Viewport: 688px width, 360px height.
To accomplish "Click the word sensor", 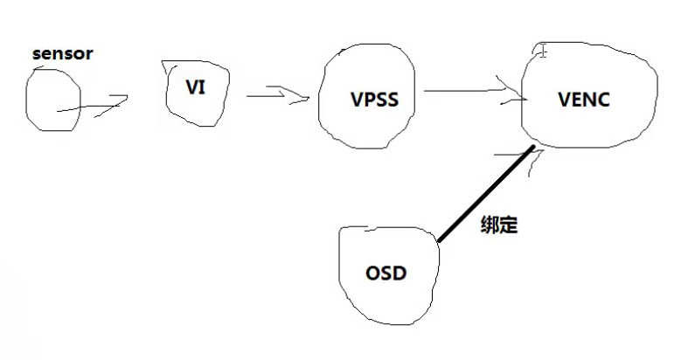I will (x=62, y=54).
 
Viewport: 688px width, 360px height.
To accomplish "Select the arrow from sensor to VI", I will (x=92, y=106).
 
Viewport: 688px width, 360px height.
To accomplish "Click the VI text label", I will (x=196, y=88).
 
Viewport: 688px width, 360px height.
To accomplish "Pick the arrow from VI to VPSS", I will (x=278, y=93).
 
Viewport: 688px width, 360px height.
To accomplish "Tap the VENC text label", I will (x=584, y=99).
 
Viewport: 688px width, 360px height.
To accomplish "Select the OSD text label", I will (x=386, y=273).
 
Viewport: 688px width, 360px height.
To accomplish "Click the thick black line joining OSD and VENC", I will (x=486, y=195).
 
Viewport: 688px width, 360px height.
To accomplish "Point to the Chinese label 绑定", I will (x=499, y=225).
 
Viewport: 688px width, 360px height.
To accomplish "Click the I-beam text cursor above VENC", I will (x=543, y=51).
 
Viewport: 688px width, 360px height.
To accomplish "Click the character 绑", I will (x=490, y=225).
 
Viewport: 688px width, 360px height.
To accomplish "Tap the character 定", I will (x=509, y=225).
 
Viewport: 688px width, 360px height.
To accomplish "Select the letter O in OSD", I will (x=372, y=273).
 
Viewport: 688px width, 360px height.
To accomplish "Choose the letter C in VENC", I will (x=603, y=99).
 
